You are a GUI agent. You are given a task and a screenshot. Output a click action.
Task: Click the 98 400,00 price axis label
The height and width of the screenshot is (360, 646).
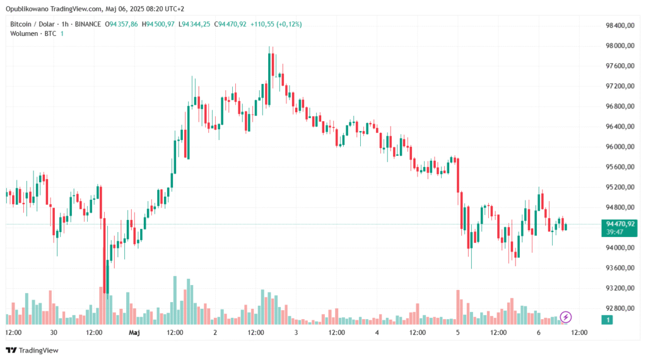click(619, 26)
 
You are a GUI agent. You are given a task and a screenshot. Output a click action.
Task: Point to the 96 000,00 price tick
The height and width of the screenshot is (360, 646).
click(619, 147)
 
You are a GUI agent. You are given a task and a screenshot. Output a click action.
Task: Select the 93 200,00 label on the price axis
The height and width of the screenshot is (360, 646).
click(619, 288)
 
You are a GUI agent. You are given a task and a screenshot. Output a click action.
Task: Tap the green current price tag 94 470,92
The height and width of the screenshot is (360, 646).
click(619, 223)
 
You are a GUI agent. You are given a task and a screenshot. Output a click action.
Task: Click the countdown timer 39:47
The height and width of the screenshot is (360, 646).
click(614, 232)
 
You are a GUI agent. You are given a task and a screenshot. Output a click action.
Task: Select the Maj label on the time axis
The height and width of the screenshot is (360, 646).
click(134, 332)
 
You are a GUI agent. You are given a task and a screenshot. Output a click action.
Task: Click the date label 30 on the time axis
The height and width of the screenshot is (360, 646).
click(54, 332)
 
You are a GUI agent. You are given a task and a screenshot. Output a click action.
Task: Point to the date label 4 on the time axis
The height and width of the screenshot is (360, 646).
click(377, 332)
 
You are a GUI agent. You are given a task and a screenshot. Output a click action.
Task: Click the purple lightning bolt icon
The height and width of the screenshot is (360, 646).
click(566, 316)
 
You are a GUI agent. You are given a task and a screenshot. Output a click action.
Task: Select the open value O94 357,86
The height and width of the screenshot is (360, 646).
click(124, 24)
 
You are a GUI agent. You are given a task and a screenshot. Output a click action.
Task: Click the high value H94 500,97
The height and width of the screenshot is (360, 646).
click(158, 24)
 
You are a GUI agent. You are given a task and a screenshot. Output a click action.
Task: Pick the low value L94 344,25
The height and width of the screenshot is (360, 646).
click(194, 24)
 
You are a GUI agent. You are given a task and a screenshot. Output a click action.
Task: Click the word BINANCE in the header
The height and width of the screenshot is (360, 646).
click(88, 24)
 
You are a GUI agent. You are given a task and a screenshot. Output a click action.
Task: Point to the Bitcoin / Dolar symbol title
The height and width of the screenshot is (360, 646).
click(32, 24)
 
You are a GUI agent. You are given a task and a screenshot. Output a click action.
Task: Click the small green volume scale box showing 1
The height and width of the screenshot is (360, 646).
click(608, 320)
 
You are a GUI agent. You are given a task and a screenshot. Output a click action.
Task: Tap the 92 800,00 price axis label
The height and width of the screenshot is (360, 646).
click(619, 308)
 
